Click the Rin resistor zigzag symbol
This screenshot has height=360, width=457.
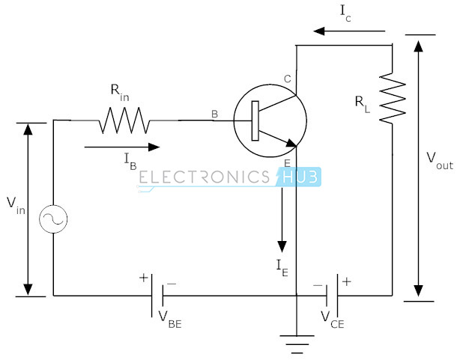pos(125,120)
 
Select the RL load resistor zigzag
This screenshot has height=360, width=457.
pos(393,97)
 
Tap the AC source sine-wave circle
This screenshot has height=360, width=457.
pos(53,219)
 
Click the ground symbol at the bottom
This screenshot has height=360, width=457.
pos(297,344)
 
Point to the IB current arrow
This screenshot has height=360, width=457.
pos(122,147)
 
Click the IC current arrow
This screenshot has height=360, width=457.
pos(349,31)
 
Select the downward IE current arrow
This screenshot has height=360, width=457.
pos(282,220)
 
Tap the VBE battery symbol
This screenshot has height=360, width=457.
pos(157,296)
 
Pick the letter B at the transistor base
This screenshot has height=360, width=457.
pos(214,114)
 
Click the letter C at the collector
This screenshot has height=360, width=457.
pos(288,79)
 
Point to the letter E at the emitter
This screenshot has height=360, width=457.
pos(288,163)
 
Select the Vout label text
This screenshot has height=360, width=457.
pos(440,162)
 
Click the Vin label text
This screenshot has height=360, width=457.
pos(16,206)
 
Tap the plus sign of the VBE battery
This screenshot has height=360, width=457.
pos(143,278)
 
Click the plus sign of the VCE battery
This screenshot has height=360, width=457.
pos(347,281)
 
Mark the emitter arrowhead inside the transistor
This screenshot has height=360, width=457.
pos(291,143)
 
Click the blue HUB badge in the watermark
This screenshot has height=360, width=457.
pos(299,177)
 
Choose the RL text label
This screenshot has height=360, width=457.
pos(363,105)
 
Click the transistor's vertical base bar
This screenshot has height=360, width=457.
pos(255,121)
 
